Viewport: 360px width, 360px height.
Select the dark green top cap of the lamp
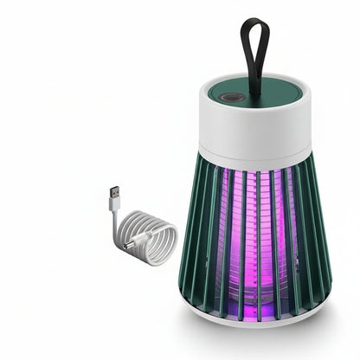click(260, 87)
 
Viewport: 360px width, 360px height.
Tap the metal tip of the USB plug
click(112, 191)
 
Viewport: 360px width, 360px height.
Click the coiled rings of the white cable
click(143, 247)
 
